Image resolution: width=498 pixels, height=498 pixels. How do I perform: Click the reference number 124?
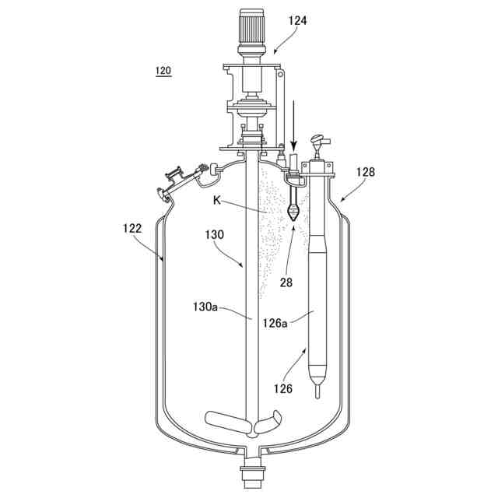[297, 21]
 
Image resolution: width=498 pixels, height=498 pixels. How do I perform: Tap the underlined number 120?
[163, 71]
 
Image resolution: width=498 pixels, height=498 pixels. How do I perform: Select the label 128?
[365, 172]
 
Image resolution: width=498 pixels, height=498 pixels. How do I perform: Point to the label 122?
[132, 228]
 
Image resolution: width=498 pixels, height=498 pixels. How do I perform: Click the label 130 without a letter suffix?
[215, 235]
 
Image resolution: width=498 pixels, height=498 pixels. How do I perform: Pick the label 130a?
[205, 307]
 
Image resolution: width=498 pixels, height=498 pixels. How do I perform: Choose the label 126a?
[275, 324]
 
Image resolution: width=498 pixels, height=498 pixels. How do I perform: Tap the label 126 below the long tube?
[283, 388]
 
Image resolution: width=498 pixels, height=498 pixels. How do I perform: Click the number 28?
[286, 282]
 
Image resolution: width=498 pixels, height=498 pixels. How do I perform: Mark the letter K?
[217, 201]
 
